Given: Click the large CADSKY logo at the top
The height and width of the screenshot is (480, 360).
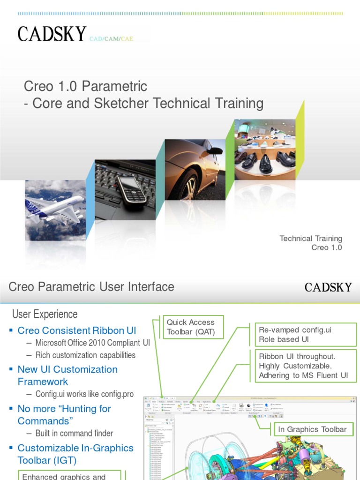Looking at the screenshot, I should (x=52, y=34).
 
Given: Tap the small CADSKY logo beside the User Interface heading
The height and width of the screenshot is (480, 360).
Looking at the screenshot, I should (x=328, y=287).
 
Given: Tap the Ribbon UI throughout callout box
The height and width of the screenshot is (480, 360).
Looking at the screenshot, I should (x=305, y=366).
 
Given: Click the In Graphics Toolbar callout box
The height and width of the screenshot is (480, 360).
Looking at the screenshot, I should (x=312, y=429).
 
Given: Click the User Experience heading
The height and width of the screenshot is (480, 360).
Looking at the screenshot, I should (x=45, y=314).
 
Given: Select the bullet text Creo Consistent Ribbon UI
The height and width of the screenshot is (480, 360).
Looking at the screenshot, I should (x=76, y=330).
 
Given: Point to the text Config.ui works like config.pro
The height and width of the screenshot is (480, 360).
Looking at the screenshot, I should (x=81, y=394).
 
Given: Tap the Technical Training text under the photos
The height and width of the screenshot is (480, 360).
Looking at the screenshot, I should (x=311, y=239).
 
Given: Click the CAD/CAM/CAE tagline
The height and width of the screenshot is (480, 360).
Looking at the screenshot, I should (x=111, y=39).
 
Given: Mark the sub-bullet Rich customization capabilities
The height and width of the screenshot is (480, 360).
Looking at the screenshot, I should (x=85, y=355).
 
